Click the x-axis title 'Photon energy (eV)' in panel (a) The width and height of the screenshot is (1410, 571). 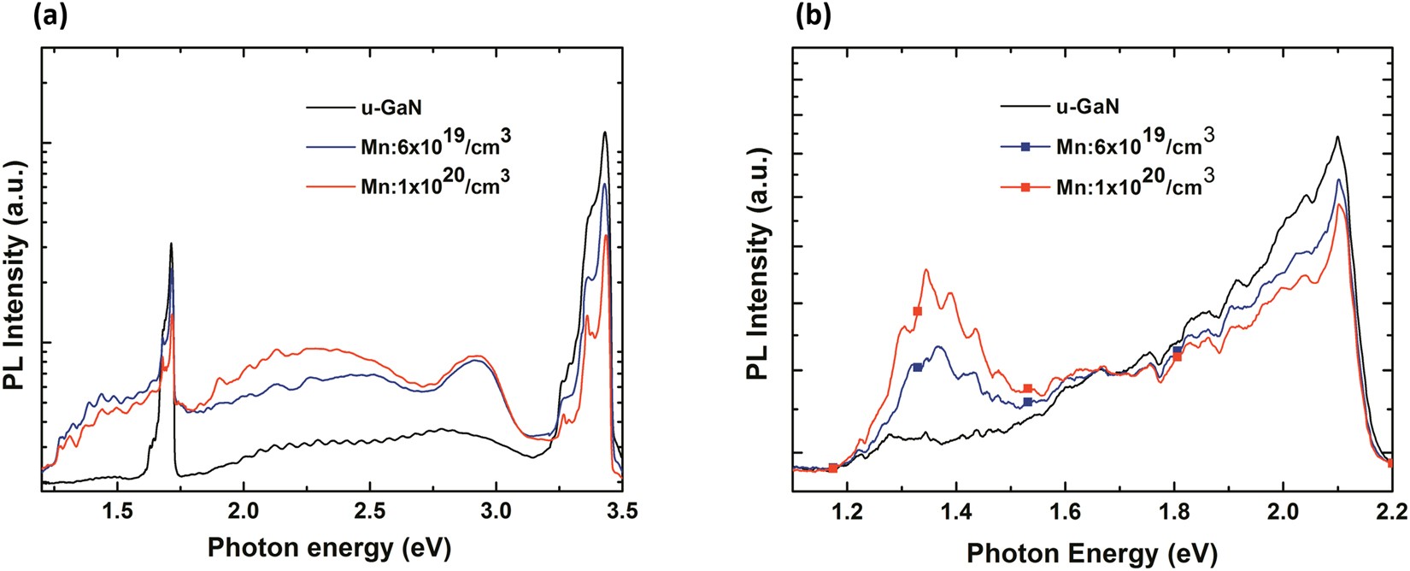coord(330,547)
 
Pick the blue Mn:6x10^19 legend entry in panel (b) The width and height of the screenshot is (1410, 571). coord(1132,144)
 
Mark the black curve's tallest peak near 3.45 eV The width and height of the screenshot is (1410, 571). coord(605,132)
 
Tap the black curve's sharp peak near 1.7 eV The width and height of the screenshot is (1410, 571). coord(172,244)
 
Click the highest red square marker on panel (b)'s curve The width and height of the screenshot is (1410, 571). coord(918,311)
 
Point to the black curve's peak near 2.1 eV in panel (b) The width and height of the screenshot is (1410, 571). coord(1337,137)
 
